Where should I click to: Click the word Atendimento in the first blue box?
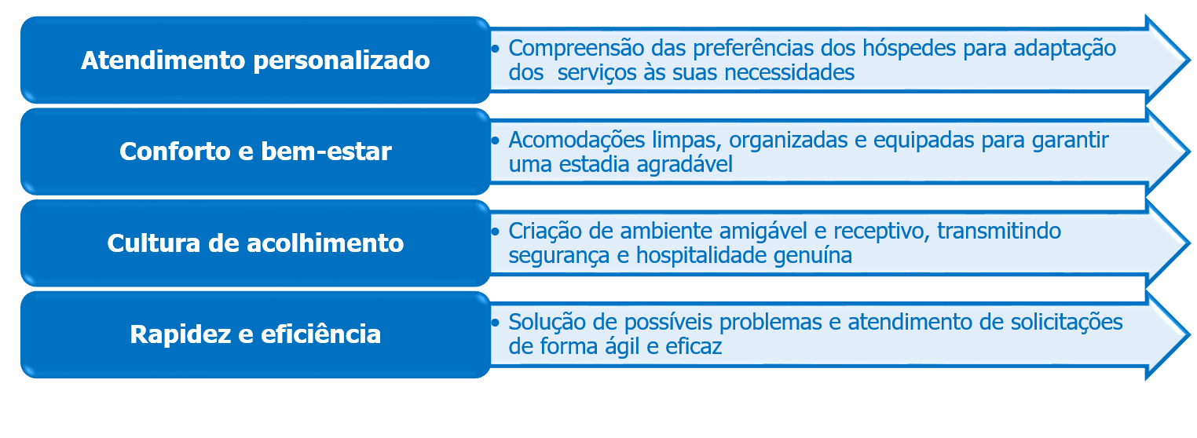163,60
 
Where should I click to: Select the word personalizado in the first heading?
342,61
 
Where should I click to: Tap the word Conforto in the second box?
175,151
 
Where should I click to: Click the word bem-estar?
326,151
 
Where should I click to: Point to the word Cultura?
153,243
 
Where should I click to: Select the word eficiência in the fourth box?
320,334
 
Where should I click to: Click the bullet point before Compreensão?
496,49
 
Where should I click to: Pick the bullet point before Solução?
496,323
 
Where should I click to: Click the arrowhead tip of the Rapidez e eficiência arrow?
1189,335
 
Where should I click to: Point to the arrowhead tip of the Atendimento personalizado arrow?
1189,60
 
